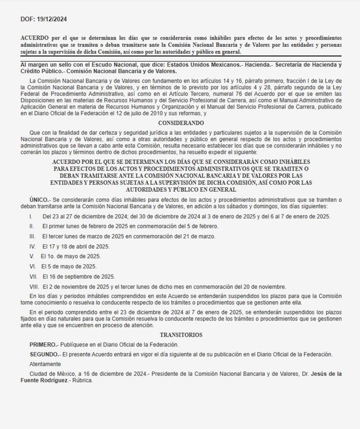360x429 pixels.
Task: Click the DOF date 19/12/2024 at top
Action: coord(52,19)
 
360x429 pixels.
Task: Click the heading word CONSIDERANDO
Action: coord(181,123)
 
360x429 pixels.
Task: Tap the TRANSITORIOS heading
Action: coord(181,335)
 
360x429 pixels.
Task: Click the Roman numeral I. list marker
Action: coord(31,217)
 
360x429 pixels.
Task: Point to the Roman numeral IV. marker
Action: coord(32,247)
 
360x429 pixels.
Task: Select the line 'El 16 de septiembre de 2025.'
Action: coord(79,277)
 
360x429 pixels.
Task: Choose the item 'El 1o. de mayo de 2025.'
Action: coord(71,257)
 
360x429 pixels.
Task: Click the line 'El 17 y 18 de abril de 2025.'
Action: coord(76,247)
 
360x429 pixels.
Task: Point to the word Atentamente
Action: coord(45,364)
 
